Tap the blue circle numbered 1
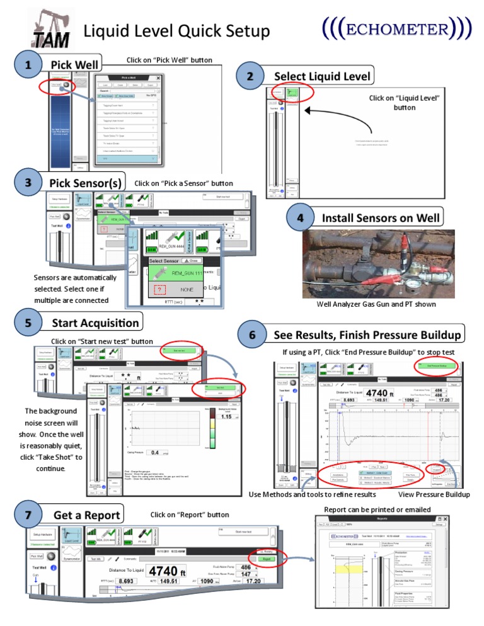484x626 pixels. (x=27, y=65)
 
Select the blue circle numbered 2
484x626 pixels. (x=250, y=76)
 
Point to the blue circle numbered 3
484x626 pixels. (x=27, y=183)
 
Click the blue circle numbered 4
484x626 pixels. (x=301, y=218)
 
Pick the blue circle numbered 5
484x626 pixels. (x=27, y=324)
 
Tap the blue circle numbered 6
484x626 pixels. (x=252, y=334)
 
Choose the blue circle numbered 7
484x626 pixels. (x=27, y=515)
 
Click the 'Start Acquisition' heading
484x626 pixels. (x=95, y=324)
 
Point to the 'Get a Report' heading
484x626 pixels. (x=87, y=515)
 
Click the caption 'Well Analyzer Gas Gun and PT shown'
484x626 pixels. (x=376, y=305)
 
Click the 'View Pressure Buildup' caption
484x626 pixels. (x=434, y=494)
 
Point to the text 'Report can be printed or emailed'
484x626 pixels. (x=377, y=509)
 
